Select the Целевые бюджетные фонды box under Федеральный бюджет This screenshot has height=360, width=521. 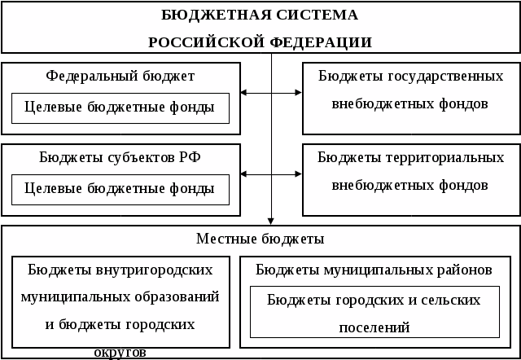pos(120,108)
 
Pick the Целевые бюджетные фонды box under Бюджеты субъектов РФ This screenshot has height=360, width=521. pos(120,189)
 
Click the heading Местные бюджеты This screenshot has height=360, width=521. pos(260,239)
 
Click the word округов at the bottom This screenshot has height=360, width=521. pos(120,353)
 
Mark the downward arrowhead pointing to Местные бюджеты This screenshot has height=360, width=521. pos(272,220)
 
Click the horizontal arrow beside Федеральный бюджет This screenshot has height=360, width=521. pos(272,94)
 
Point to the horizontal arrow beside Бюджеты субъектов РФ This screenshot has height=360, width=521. pos(272,174)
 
